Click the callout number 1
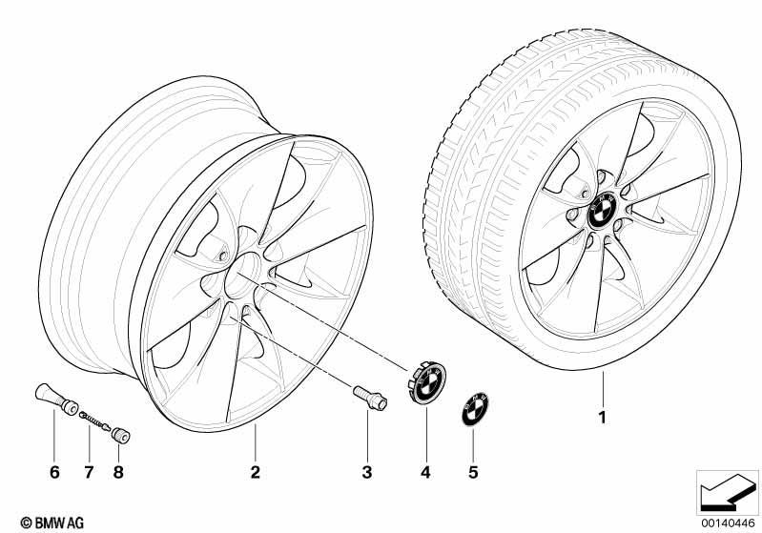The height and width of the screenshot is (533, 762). [603, 418]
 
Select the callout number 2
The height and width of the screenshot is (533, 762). [256, 472]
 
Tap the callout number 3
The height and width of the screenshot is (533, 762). [367, 472]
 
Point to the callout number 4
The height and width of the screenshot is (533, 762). [425, 472]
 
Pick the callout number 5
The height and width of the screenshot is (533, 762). [473, 472]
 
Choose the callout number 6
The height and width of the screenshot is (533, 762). [54, 472]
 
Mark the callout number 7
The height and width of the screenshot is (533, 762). [89, 472]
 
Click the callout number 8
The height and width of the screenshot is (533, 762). [118, 472]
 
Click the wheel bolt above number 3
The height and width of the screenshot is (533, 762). [370, 398]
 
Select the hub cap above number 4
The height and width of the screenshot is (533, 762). [426, 383]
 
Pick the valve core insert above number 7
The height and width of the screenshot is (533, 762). [94, 420]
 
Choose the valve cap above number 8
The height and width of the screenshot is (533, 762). [120, 435]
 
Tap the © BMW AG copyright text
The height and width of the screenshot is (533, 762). [52, 523]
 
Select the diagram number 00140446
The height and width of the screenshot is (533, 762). [728, 523]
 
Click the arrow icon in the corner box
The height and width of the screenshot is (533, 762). [728, 493]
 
